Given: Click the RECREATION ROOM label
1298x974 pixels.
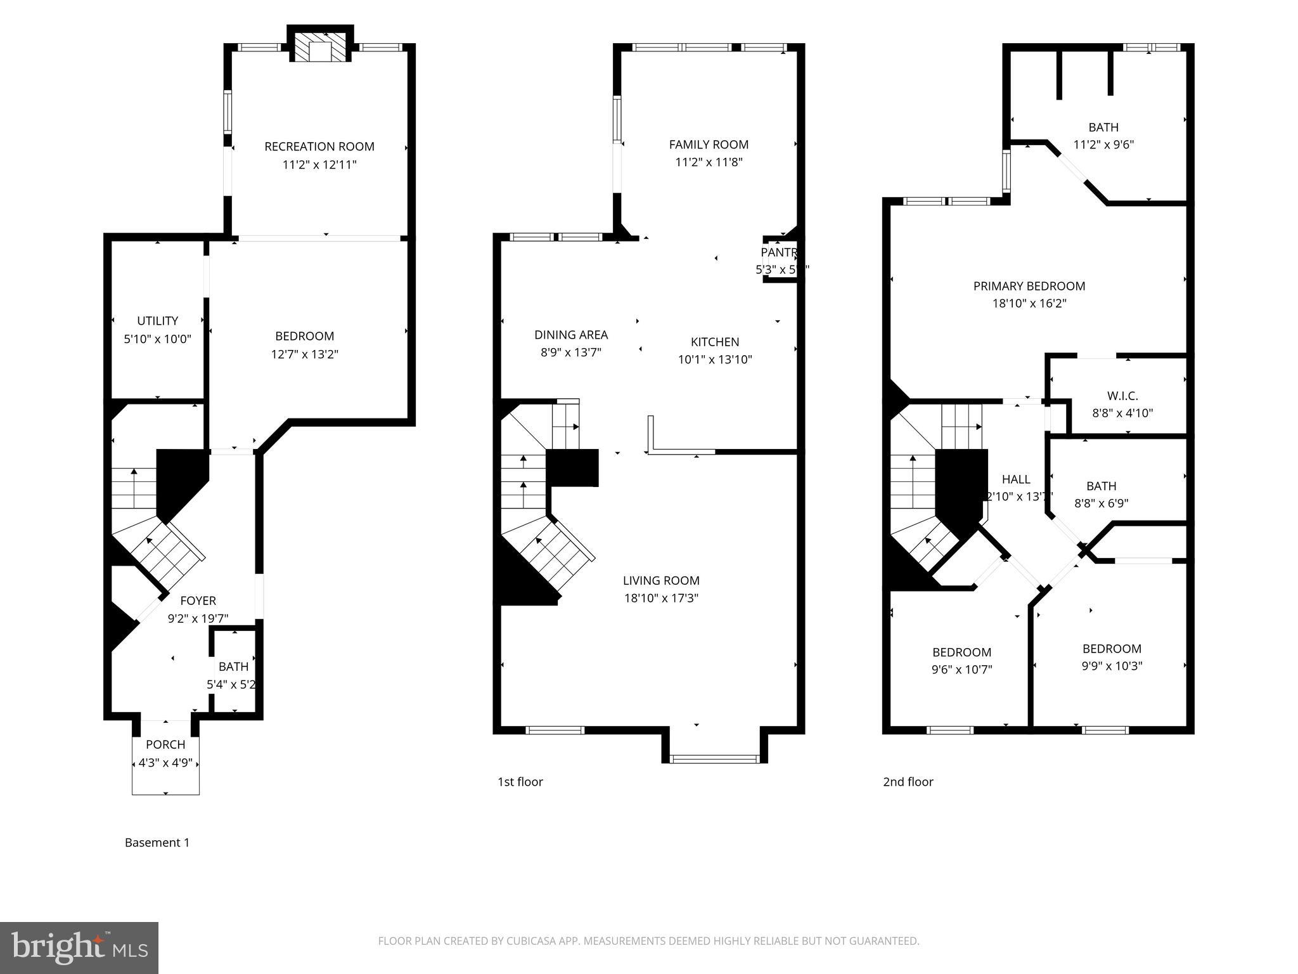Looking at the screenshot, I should [x=319, y=146].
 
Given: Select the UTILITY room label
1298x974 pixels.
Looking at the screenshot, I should [x=157, y=321].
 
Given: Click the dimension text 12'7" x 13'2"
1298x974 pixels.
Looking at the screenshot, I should [x=305, y=354].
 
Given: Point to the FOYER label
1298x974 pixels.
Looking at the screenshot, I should [x=198, y=601].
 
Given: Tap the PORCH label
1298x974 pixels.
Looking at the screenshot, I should [x=165, y=744].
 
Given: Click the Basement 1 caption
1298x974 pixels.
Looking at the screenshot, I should [x=157, y=843].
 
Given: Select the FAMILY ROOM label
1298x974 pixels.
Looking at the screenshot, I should [x=709, y=145].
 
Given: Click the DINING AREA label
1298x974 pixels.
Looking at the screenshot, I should [x=570, y=335].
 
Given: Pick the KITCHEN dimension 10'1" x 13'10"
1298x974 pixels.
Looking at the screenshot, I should [x=715, y=360].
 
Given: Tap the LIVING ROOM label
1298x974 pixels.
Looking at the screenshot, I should [x=661, y=580].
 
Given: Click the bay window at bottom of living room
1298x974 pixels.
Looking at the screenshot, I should [x=714, y=758].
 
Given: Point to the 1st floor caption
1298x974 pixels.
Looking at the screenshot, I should [x=520, y=782].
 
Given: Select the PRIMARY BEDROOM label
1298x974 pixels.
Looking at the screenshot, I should [x=1029, y=286].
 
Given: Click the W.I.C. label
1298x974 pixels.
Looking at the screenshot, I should [x=1123, y=396].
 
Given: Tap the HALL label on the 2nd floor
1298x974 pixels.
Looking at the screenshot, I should [x=1015, y=479].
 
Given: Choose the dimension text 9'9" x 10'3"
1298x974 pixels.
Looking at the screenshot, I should [x=1112, y=666].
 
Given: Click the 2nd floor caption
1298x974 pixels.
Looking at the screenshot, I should [x=908, y=782].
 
